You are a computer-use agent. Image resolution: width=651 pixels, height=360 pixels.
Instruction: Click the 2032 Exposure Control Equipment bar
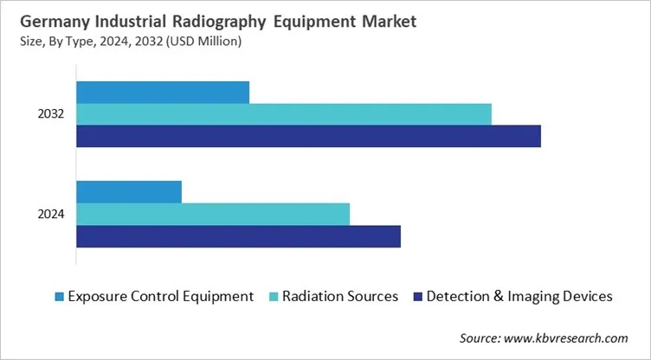(x=163, y=92)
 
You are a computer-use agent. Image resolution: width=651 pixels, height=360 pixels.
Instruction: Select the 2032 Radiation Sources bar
(x=284, y=113)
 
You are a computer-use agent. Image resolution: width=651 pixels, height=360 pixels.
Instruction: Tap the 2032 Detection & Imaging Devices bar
(x=308, y=136)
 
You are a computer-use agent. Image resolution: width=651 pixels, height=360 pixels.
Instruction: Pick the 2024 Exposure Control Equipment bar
(x=129, y=191)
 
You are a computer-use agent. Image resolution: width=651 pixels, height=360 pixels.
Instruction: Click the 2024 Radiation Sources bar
(x=213, y=214)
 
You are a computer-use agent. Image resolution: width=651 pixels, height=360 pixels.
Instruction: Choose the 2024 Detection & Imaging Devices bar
(x=238, y=236)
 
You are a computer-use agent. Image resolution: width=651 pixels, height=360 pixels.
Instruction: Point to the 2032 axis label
(x=51, y=114)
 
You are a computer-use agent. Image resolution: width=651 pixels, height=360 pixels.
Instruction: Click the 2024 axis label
(x=51, y=214)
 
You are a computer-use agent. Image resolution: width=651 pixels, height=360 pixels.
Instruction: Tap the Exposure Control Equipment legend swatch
(x=58, y=297)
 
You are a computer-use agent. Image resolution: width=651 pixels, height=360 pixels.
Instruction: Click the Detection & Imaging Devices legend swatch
(x=417, y=297)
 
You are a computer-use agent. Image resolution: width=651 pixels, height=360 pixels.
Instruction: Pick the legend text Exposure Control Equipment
(x=161, y=296)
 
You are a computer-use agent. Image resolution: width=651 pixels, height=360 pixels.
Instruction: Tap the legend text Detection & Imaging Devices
(x=519, y=296)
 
